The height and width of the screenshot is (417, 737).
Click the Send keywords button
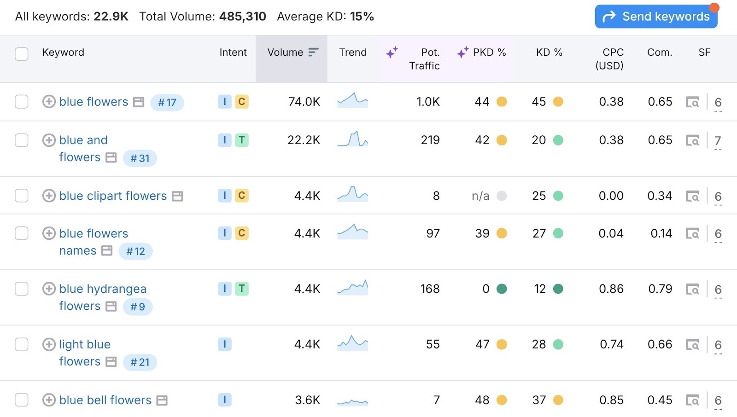[x=656, y=17]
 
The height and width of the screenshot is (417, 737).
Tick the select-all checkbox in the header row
[x=22, y=54]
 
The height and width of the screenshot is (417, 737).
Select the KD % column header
[x=549, y=52]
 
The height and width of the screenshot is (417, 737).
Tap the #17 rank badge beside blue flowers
[x=167, y=103]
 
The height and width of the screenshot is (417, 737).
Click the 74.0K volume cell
[x=304, y=102]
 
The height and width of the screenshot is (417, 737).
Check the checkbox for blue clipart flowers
[x=22, y=196]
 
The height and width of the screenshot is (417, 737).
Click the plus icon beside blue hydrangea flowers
[x=49, y=289]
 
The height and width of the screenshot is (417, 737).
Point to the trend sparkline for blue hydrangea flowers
[x=353, y=288]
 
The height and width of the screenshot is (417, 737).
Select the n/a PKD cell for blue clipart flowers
[x=480, y=196]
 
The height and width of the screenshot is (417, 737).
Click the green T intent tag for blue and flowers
[x=241, y=140]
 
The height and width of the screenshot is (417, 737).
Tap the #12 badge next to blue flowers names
[x=135, y=251]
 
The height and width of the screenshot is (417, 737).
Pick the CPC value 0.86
[x=611, y=289]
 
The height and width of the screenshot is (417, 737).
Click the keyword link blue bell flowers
[x=105, y=400]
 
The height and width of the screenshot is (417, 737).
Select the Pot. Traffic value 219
[x=430, y=140]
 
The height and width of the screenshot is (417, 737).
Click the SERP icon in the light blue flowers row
[x=692, y=345]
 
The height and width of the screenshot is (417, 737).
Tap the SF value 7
[x=717, y=140]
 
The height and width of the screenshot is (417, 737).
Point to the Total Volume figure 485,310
[x=242, y=17]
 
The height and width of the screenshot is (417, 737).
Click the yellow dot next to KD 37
[x=558, y=400]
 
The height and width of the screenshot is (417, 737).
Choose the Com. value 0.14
[x=661, y=233]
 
